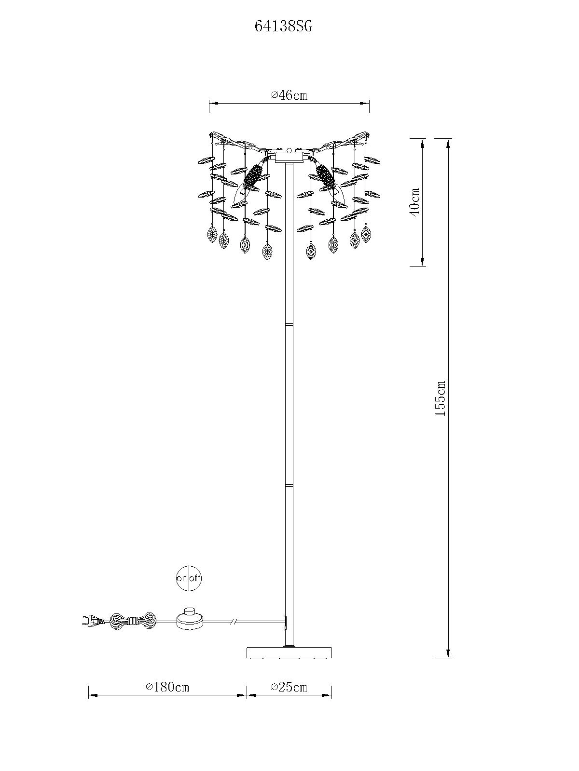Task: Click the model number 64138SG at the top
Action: [x=283, y=27]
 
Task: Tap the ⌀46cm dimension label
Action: [x=289, y=95]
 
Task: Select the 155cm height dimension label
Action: [x=440, y=399]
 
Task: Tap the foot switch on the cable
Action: [x=190, y=630]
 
